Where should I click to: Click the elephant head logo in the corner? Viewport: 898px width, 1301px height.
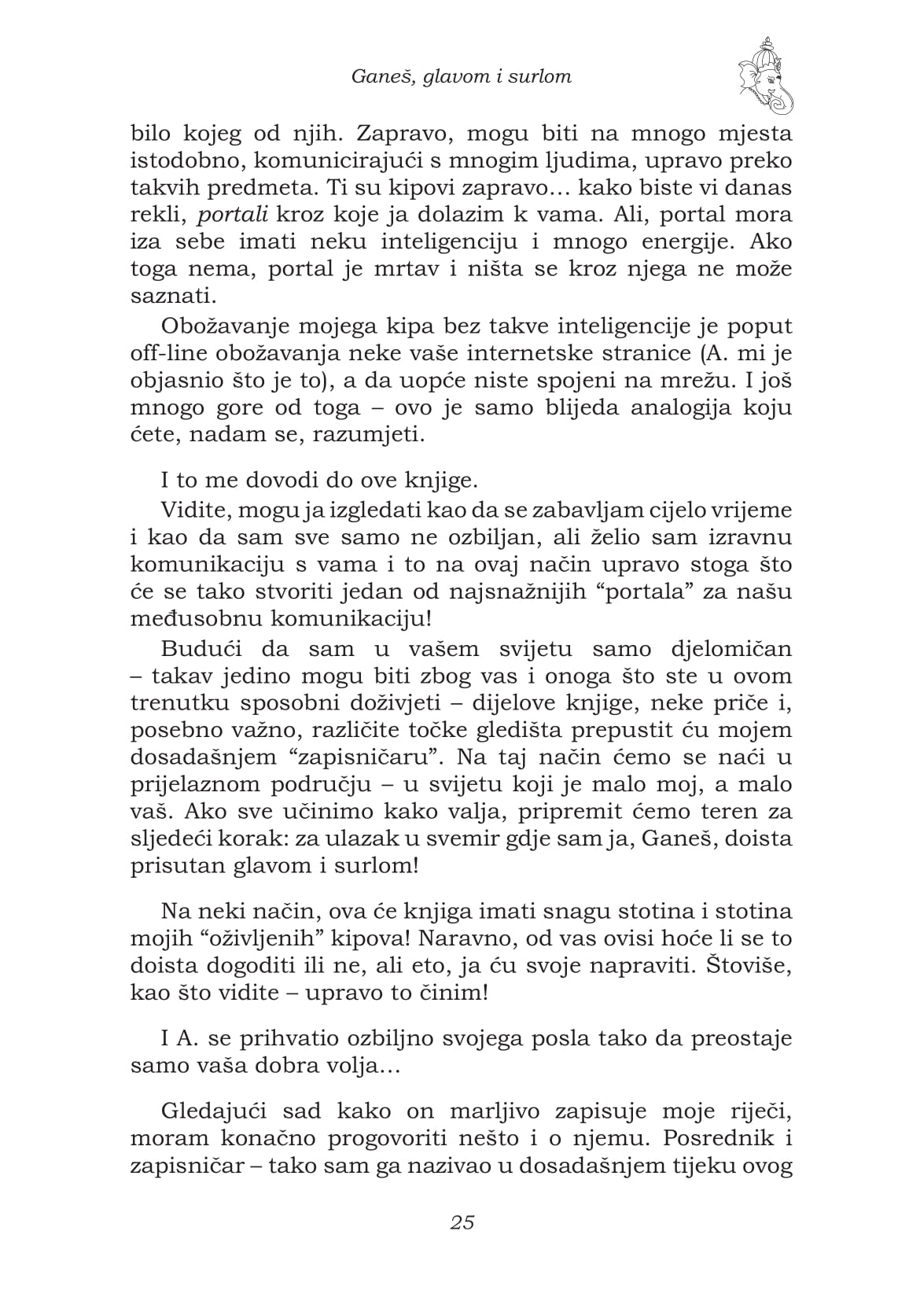pos(764,76)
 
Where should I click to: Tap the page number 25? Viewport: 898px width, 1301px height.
pos(462,1222)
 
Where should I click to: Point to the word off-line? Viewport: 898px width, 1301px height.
pos(160,353)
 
